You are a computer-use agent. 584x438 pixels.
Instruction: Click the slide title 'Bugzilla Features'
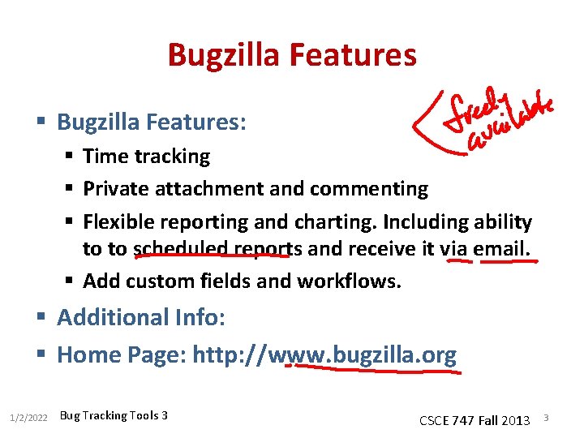[292, 55]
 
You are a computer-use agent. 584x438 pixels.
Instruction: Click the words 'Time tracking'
[147, 156]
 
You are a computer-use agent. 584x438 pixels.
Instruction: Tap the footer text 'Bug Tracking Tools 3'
[114, 415]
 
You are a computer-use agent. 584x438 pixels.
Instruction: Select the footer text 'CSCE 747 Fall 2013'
[474, 420]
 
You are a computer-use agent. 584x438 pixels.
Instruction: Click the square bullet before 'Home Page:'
[44, 354]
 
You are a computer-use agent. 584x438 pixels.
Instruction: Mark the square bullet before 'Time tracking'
[71, 156]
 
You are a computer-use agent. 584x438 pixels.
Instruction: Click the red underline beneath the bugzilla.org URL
[373, 369]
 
